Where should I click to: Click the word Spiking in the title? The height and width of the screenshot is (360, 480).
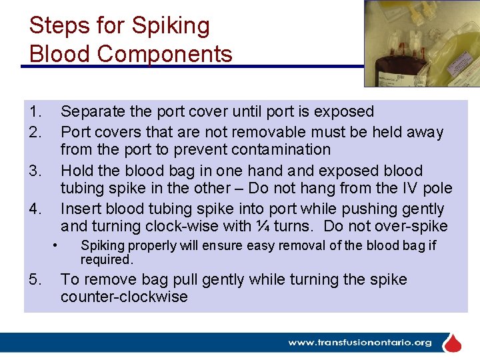[171, 27]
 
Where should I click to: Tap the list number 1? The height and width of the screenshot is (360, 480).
[35, 111]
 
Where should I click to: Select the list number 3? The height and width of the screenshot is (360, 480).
[35, 171]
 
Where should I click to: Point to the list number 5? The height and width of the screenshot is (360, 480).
[35, 279]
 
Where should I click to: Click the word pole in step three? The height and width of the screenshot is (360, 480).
[437, 189]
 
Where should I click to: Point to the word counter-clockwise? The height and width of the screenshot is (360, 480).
[124, 297]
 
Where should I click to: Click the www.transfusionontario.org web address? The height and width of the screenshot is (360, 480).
[360, 343]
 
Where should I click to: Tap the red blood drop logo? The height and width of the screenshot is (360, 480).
[453, 343]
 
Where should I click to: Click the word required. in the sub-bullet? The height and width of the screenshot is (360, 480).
[107, 259]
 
